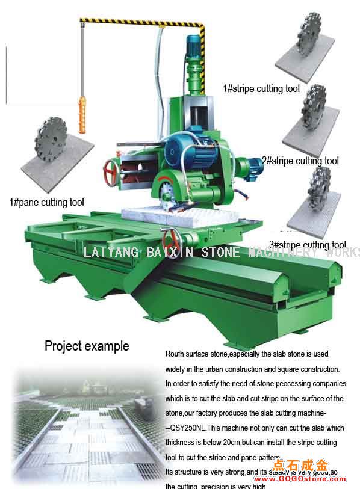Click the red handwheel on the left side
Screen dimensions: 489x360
111,173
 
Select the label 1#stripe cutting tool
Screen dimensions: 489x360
261,88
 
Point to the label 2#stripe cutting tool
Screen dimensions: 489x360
300,161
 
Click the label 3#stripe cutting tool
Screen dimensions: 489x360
307,245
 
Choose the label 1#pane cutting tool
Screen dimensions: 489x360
46,203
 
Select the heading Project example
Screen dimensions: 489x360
87,346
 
